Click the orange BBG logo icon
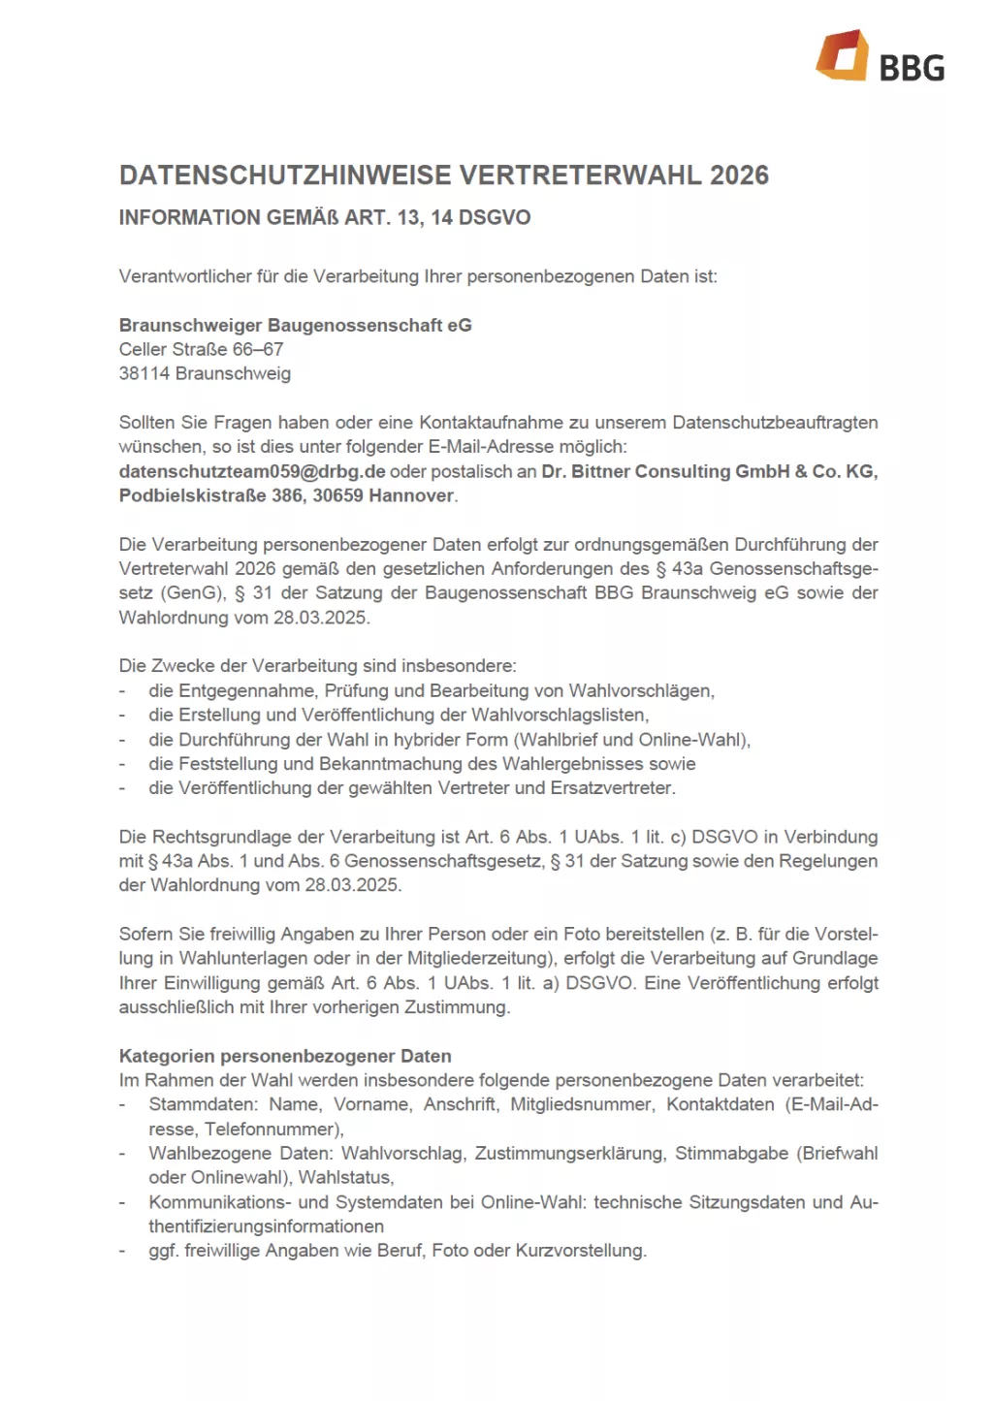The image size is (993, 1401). pos(841,55)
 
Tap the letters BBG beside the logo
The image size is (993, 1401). pos(911,68)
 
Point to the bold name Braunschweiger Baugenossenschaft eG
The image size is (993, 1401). pos(295,325)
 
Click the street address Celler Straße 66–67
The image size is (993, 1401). pos(201,349)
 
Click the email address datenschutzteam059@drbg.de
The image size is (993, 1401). pos(252,471)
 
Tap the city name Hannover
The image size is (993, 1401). pos(411,495)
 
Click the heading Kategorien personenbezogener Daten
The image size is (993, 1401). pos(285,1056)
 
